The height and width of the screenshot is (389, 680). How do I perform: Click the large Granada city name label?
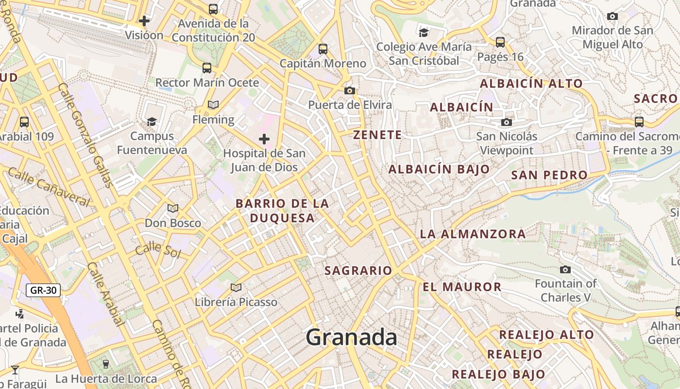[x=351, y=337]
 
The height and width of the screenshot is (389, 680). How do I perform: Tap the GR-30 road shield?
[x=43, y=290]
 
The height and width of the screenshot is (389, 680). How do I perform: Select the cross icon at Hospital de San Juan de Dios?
[x=264, y=140]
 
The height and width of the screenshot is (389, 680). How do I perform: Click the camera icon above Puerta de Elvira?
[x=349, y=90]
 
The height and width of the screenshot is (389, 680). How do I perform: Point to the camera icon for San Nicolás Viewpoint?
[x=507, y=122]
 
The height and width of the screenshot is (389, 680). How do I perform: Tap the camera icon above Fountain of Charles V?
[x=565, y=269]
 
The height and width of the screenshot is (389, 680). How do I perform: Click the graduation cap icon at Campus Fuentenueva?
[x=152, y=122]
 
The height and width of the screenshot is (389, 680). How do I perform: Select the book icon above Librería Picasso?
[x=236, y=287]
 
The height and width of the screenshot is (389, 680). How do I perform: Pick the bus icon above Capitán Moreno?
[x=323, y=49]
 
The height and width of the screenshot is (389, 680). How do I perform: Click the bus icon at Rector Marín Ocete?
[x=207, y=68]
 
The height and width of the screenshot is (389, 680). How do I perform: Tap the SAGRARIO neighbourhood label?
[x=358, y=270]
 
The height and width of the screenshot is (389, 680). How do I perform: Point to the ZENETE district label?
[x=377, y=135]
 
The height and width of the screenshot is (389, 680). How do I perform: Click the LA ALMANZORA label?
[x=473, y=234]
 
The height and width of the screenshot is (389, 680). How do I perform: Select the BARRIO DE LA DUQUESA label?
[x=282, y=211]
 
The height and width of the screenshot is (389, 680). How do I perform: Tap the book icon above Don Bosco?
[x=173, y=209]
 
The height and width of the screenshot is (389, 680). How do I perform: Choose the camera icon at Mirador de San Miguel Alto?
[x=612, y=16]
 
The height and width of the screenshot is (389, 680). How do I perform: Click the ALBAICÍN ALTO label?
[x=531, y=83]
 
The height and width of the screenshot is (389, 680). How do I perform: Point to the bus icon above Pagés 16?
[x=500, y=42]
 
